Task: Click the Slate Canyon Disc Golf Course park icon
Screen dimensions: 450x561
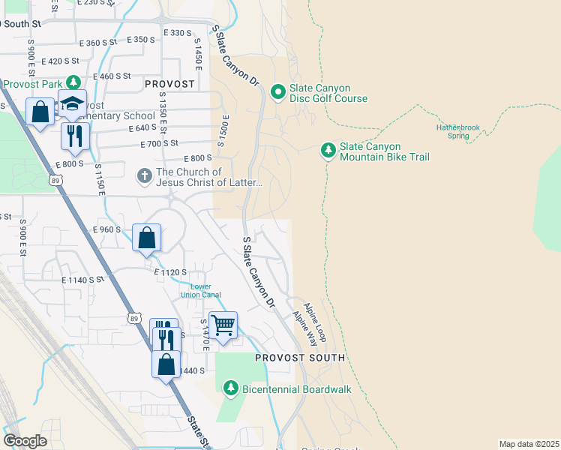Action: click(277, 92)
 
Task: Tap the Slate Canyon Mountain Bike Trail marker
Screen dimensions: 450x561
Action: click(328, 151)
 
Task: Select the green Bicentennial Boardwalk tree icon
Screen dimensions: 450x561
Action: click(231, 388)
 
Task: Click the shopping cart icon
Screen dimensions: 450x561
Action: click(223, 325)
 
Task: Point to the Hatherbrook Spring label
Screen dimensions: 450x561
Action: click(457, 131)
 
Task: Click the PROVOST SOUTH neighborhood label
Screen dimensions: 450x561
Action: click(300, 358)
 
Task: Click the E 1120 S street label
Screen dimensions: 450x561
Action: click(170, 272)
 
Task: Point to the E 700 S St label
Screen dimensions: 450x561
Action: click(159, 142)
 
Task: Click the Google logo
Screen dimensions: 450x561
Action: click(25, 441)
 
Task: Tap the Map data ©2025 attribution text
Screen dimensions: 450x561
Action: click(529, 444)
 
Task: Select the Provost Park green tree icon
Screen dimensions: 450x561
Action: click(73, 82)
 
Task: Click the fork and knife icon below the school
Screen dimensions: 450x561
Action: click(75, 135)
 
